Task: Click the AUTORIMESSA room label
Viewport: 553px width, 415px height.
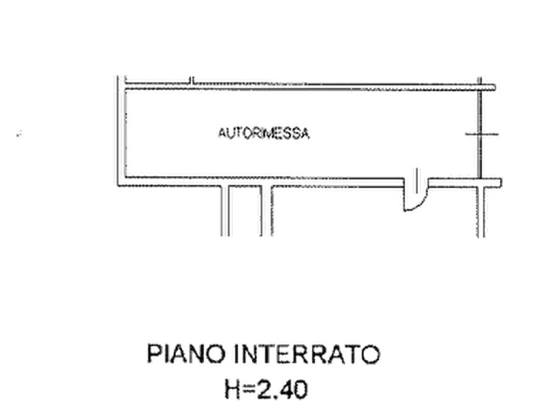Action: [263, 133]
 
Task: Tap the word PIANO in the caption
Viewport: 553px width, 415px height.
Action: [186, 354]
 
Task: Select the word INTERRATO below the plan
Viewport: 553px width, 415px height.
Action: [307, 354]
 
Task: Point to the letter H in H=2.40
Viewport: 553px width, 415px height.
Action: [233, 390]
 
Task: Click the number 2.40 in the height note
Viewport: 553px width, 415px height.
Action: [282, 390]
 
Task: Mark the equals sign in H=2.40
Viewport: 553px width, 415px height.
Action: [250, 390]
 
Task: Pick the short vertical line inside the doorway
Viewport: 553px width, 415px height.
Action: [417, 181]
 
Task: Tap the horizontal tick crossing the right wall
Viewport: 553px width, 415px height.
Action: [482, 134]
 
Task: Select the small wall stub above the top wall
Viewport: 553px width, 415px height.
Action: [191, 81]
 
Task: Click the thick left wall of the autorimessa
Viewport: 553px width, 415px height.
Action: [121, 131]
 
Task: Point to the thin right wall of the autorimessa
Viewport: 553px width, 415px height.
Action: [480, 133]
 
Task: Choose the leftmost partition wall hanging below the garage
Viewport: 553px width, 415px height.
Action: [225, 211]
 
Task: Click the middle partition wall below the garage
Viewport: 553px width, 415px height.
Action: [267, 211]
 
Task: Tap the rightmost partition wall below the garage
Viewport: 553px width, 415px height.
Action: [481, 212]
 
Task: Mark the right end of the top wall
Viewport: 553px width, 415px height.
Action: [495, 87]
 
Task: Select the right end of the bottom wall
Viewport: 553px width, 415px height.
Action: [501, 183]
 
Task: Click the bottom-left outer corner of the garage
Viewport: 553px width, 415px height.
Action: [118, 186]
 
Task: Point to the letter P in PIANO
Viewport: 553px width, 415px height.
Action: [153, 354]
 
